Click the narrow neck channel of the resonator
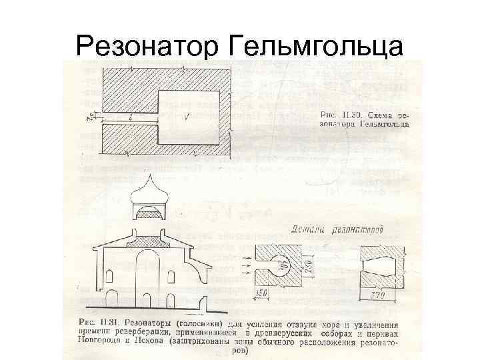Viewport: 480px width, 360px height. (x=129, y=120)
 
